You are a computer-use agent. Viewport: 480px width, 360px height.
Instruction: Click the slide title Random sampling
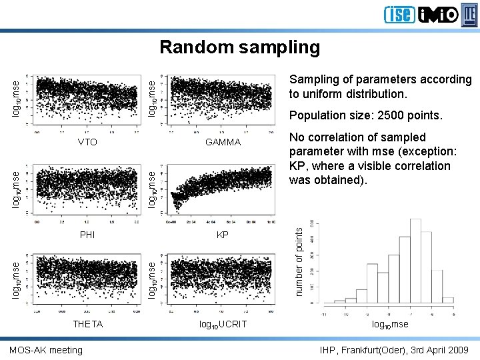tap(240, 47)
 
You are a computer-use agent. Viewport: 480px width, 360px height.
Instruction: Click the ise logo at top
tap(399, 15)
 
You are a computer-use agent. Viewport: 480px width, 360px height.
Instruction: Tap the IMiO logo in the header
tap(438, 15)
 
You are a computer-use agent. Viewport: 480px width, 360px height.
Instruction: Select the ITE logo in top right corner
tap(470, 14)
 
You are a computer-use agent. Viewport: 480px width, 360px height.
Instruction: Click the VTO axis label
tap(87, 142)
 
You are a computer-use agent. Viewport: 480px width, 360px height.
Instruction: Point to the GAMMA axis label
tap(223, 142)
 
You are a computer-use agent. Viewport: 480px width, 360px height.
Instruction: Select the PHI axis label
tap(87, 235)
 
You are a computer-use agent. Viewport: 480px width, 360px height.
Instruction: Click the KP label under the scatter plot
tap(223, 235)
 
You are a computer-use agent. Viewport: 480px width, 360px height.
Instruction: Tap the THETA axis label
tap(88, 324)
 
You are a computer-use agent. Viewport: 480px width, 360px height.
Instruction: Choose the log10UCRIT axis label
tap(223, 325)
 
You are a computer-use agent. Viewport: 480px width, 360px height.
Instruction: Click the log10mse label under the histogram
tap(390, 325)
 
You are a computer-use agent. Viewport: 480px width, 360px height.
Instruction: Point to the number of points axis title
tap(299, 261)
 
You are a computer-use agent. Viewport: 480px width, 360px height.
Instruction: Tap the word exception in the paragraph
tap(425, 151)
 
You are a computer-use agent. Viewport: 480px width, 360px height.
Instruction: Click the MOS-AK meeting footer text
tap(47, 350)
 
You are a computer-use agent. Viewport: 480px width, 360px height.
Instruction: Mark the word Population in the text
tap(316, 115)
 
